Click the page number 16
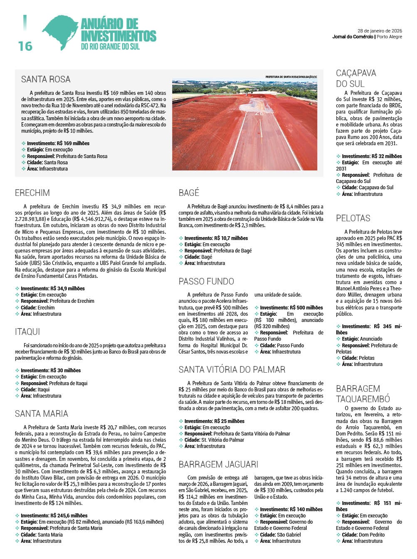click(25, 46)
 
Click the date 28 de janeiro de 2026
click(380, 31)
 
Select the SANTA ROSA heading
click(46, 79)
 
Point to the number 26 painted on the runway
click(259, 113)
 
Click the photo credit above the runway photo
click(291, 77)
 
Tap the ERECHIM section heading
click(32, 193)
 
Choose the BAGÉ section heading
click(189, 193)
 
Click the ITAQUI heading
click(27, 332)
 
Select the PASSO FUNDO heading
click(206, 282)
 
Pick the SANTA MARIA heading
click(42, 414)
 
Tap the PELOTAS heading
click(353, 218)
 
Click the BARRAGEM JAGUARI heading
click(218, 465)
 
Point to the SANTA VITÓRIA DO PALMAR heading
click(232, 370)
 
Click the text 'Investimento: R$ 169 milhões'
click(58, 143)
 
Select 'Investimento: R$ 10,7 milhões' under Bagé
click(216, 238)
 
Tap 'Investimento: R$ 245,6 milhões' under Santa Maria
click(54, 516)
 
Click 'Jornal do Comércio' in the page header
click(353, 37)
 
